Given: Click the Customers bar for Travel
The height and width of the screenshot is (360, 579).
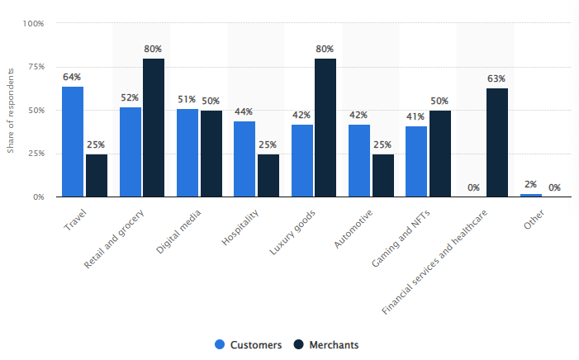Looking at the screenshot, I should click(x=73, y=141).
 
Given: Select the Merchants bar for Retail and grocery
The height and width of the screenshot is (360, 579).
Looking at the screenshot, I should click(x=154, y=128).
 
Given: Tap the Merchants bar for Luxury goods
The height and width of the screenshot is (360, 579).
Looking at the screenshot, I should click(x=325, y=128).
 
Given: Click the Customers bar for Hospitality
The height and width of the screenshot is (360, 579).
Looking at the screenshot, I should click(x=244, y=159).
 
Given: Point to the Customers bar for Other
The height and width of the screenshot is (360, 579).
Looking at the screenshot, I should click(x=531, y=196).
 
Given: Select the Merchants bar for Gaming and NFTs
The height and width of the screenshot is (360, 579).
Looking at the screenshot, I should click(x=440, y=154).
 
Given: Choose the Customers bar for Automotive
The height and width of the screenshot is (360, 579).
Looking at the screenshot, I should click(x=359, y=160).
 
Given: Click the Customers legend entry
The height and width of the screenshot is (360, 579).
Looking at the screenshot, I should click(x=248, y=344).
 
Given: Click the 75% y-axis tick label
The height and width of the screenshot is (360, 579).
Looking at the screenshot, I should click(x=36, y=67).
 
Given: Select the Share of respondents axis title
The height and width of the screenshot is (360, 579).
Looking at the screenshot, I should click(x=11, y=111).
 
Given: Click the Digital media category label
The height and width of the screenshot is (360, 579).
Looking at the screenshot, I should click(x=178, y=225).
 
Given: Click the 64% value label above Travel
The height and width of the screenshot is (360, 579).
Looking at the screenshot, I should click(x=73, y=78).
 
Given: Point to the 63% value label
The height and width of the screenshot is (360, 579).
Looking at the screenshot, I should click(x=497, y=79).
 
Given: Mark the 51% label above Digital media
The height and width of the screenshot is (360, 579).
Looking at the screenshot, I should click(x=187, y=99).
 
